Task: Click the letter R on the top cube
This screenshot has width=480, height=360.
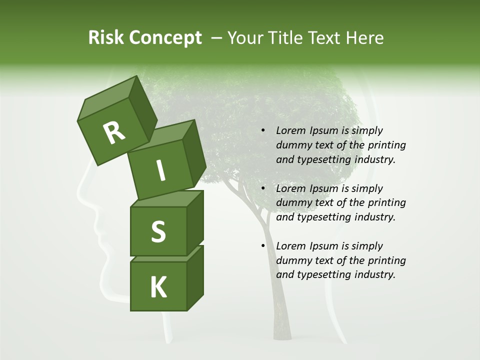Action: pyautogui.click(x=114, y=133)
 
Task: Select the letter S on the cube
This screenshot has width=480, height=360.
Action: pyautogui.click(x=158, y=231)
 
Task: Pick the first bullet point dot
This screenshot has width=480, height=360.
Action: pyautogui.click(x=263, y=130)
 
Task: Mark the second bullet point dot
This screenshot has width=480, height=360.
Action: pyautogui.click(x=263, y=188)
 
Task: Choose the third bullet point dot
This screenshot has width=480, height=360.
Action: pyautogui.click(x=263, y=246)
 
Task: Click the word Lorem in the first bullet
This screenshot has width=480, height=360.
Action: pyautogui.click(x=290, y=130)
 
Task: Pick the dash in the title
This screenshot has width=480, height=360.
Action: pyautogui.click(x=217, y=38)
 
